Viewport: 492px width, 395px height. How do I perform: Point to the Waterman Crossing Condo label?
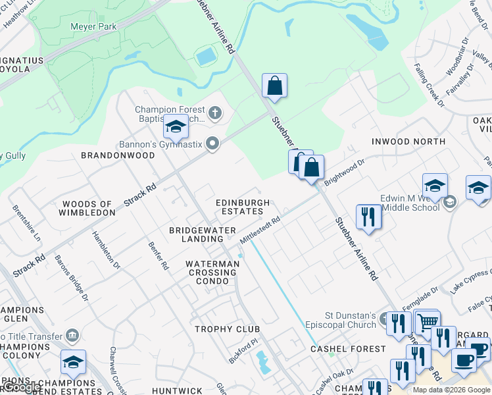tap(212, 272)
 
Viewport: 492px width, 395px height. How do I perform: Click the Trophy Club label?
tap(227, 329)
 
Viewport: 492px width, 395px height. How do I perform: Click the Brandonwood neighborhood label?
tap(118, 155)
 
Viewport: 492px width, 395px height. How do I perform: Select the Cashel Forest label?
tap(348, 348)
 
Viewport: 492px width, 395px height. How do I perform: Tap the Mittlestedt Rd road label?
tap(260, 230)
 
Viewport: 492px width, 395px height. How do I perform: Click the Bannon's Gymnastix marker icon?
tap(212, 144)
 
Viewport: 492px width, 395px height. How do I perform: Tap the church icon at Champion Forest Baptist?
tap(214, 114)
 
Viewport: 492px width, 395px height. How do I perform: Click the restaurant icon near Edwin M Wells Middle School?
tap(368, 217)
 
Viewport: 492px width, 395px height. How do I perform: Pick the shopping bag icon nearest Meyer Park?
tap(274, 86)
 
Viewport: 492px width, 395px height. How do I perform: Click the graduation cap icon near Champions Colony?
tap(73, 363)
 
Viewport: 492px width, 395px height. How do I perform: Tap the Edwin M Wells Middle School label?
tap(409, 203)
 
